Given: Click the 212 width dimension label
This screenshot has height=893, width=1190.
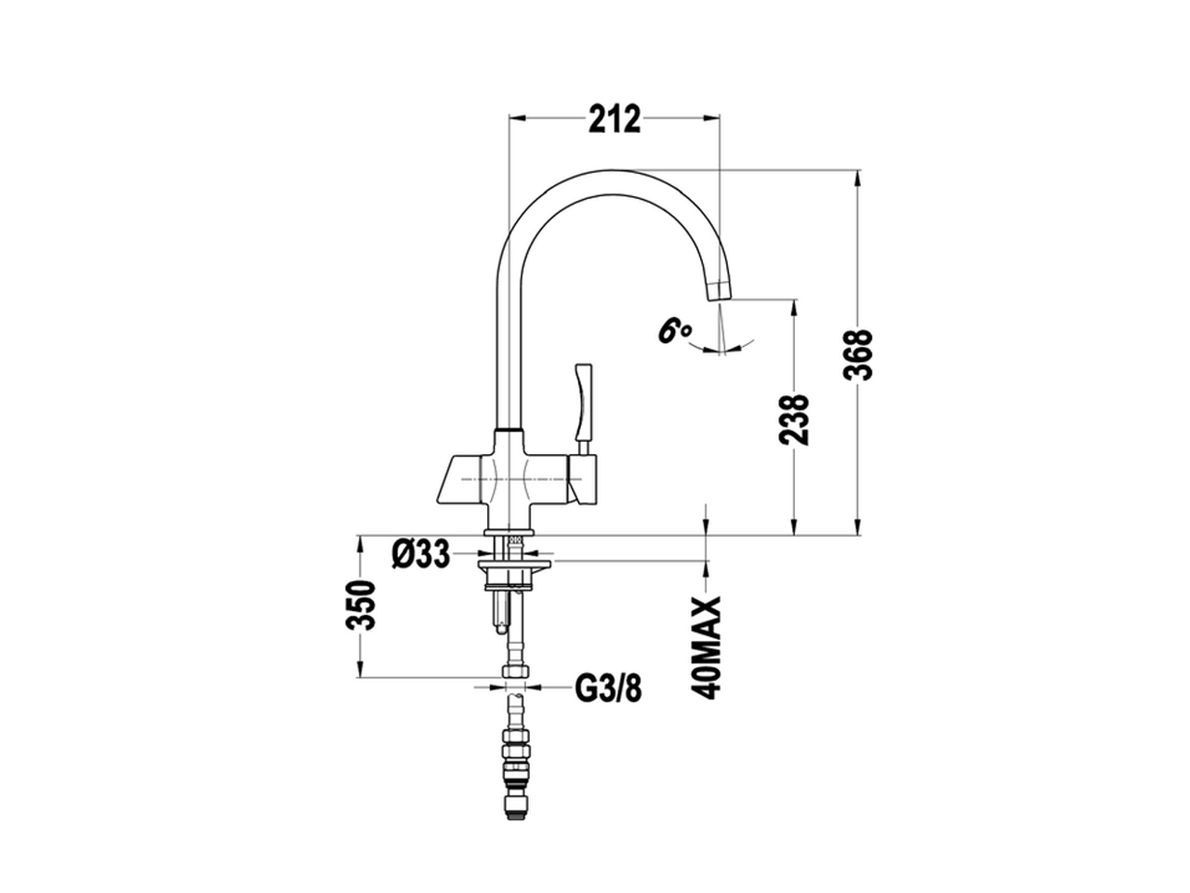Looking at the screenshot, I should coord(615,119).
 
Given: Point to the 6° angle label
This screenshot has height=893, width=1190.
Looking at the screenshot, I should coord(674,330).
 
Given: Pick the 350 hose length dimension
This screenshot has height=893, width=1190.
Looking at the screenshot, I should coord(361,605).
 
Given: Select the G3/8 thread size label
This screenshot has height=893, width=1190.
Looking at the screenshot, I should coord(608,689).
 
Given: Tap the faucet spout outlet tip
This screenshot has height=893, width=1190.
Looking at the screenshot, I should coord(721,290).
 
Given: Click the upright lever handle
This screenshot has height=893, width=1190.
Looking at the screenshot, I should coord(584,405).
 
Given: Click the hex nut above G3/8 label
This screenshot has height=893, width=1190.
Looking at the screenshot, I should coord(512,672).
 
